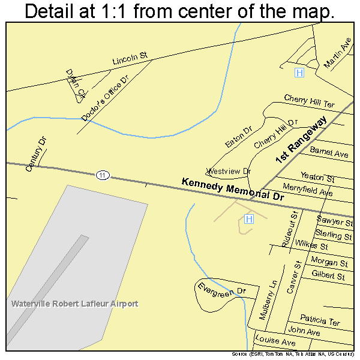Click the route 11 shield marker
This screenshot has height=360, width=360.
[103, 175]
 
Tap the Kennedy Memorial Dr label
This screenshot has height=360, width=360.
[232, 189]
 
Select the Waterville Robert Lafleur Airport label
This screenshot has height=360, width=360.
[74, 304]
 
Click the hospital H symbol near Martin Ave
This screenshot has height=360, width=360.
[299, 73]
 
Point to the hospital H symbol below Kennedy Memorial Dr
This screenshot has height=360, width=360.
[249, 220]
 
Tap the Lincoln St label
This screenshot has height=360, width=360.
[130, 58]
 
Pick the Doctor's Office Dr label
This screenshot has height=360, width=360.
[105, 98]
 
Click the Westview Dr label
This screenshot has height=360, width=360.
[229, 171]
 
